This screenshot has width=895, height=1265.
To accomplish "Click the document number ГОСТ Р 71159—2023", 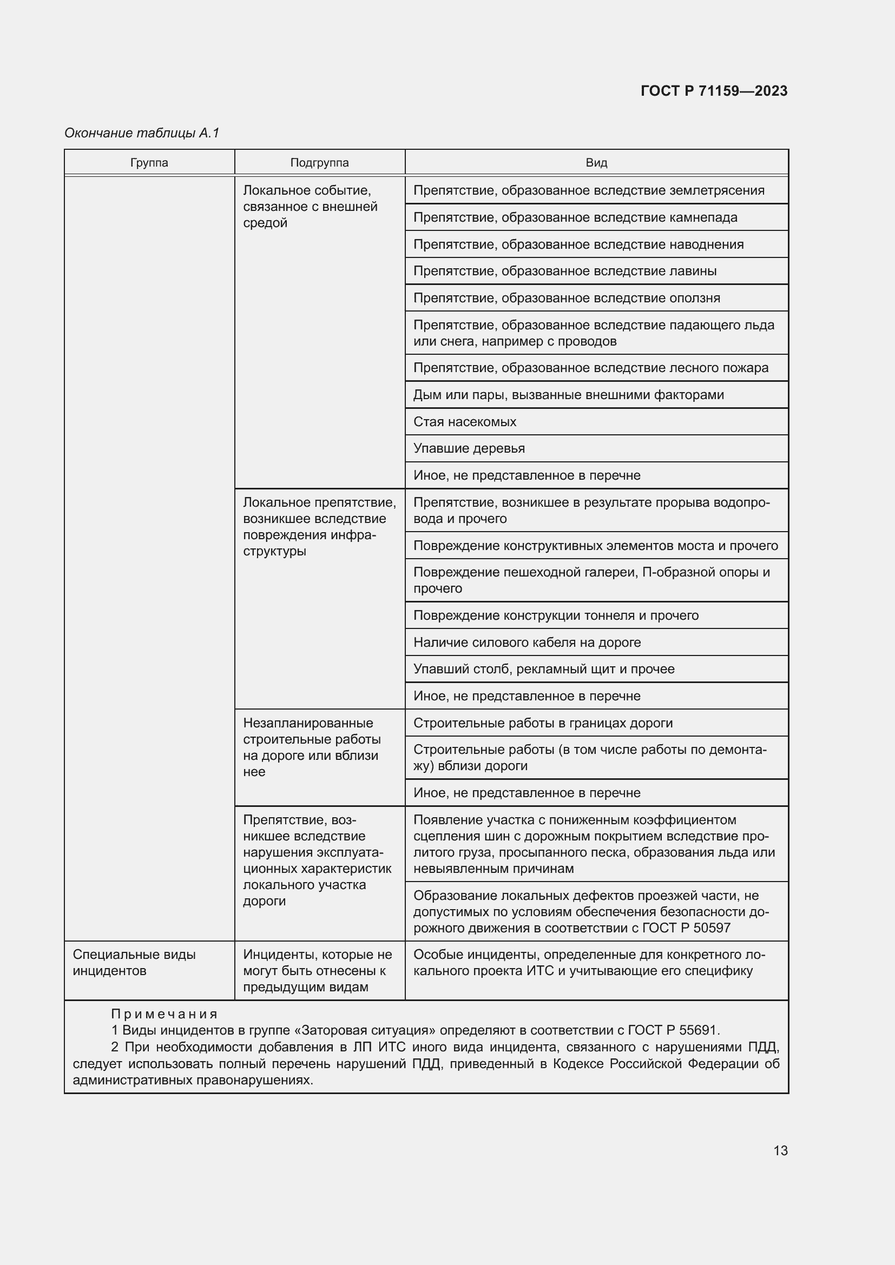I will point(714,91).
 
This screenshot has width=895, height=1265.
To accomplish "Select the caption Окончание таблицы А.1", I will point(142,133).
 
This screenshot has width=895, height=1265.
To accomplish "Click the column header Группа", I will point(149,163).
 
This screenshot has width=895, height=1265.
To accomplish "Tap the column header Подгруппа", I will point(319,163).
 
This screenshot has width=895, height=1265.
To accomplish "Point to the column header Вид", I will point(596,163).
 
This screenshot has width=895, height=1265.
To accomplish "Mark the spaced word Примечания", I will point(164,1014).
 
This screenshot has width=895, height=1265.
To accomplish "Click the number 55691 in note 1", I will point(699,1030).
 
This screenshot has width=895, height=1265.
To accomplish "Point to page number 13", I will point(780,1150).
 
